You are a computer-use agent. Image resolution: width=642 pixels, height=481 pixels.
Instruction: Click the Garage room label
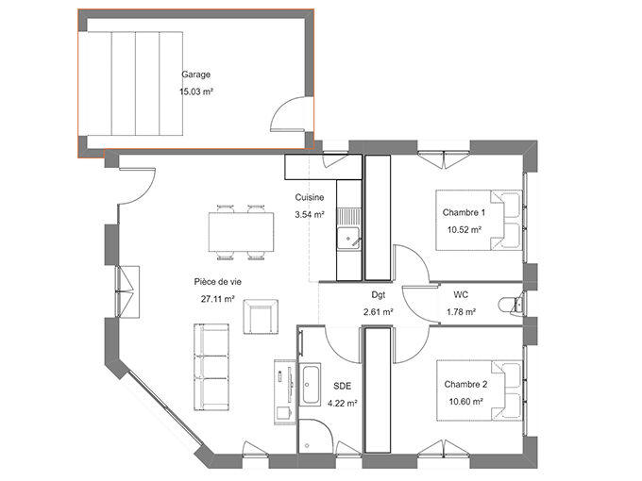195,75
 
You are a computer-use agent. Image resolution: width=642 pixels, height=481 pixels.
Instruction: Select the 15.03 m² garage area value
195,92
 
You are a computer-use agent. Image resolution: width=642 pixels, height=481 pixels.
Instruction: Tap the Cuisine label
310,198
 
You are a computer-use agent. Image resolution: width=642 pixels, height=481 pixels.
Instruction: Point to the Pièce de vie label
216,282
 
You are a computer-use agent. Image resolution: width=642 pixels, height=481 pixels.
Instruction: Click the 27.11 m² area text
216,299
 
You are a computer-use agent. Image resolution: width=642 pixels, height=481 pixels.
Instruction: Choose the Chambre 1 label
464,213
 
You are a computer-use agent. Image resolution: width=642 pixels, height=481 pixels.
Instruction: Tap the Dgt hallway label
378,294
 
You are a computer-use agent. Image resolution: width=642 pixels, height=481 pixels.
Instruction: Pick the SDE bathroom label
341,387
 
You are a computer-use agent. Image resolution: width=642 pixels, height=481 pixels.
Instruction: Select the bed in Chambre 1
478,220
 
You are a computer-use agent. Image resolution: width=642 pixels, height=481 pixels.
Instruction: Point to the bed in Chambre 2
478,390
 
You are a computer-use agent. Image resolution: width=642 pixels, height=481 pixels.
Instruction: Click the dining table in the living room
237,230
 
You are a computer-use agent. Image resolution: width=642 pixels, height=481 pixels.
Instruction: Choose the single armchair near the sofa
261,316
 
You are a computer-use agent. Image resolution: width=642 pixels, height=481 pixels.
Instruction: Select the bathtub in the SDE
310,387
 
